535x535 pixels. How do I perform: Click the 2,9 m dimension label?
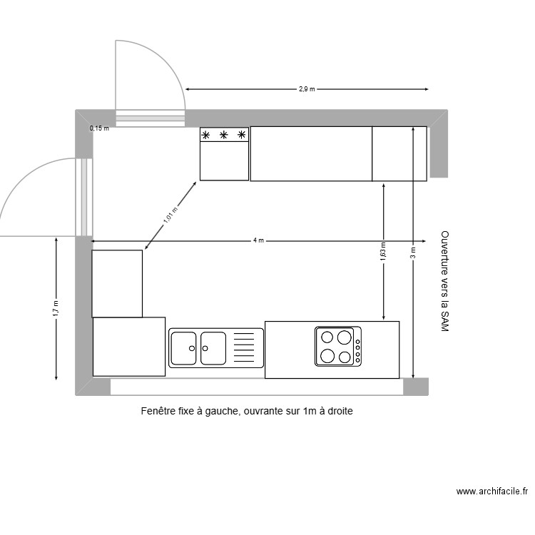[x=307, y=89]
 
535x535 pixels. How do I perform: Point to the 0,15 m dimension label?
[x=100, y=128]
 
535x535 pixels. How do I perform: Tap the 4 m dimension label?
[x=258, y=240]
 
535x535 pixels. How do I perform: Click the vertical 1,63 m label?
[x=383, y=250]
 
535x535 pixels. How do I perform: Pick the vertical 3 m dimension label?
[x=412, y=253]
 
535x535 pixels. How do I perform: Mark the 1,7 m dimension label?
[x=56, y=308]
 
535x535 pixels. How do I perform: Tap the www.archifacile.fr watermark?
[x=491, y=491]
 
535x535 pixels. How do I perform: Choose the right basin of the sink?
[x=213, y=348]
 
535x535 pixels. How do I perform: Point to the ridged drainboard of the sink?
[x=244, y=347]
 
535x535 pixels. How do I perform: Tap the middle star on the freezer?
[x=224, y=135]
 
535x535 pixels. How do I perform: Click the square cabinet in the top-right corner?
[x=399, y=153]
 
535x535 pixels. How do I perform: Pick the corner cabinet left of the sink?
[x=129, y=347]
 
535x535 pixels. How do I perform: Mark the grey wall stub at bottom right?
[x=416, y=387]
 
